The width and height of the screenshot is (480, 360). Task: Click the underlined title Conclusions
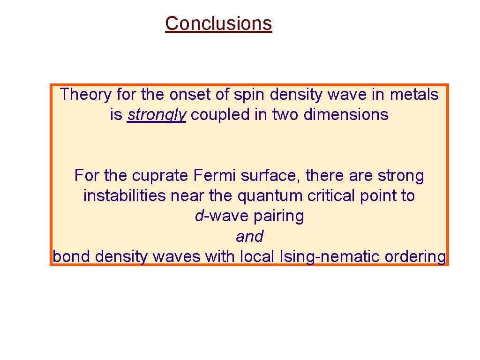pyautogui.click(x=218, y=23)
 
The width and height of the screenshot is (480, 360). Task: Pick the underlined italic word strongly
pyautogui.click(x=157, y=115)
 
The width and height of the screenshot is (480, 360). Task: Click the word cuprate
pyautogui.click(x=160, y=176)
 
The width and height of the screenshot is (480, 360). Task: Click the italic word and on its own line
pyautogui.click(x=249, y=237)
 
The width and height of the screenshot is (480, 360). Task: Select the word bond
pyautogui.click(x=72, y=257)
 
